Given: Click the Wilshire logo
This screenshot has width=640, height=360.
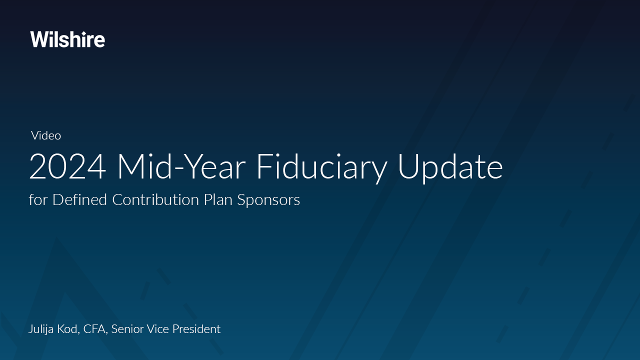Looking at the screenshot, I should tap(67, 39).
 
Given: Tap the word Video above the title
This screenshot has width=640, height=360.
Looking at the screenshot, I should tap(46, 135).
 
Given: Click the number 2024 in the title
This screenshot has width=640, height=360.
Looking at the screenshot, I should tap(67, 167).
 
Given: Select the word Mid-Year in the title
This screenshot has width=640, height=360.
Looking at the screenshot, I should tap(182, 167).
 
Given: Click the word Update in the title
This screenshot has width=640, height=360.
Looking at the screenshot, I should tap(450, 168).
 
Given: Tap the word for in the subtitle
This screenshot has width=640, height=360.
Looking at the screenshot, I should tap(38, 199).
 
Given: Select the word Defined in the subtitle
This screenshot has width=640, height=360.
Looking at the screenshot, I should tap(79, 199).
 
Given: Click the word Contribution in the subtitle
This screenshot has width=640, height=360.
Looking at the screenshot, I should tap(155, 199).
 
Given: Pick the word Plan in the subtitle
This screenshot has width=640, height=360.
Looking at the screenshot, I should tap(218, 199).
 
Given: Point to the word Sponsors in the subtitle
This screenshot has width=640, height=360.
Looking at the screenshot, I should tap(268, 200).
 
